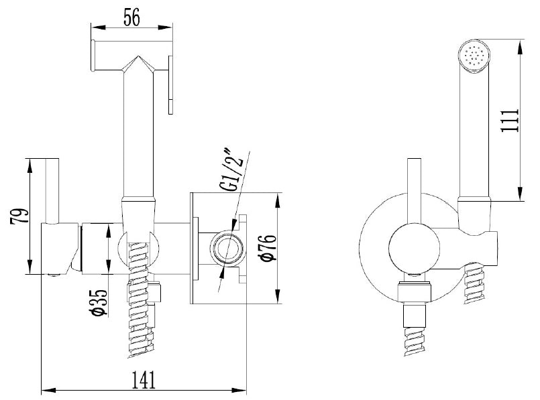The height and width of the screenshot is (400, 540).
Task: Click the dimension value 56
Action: tap(131, 18)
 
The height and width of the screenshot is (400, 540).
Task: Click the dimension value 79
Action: tap(21, 216)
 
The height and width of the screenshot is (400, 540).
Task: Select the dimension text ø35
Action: tap(97, 302)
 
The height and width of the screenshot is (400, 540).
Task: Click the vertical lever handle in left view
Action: tap(52, 188)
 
